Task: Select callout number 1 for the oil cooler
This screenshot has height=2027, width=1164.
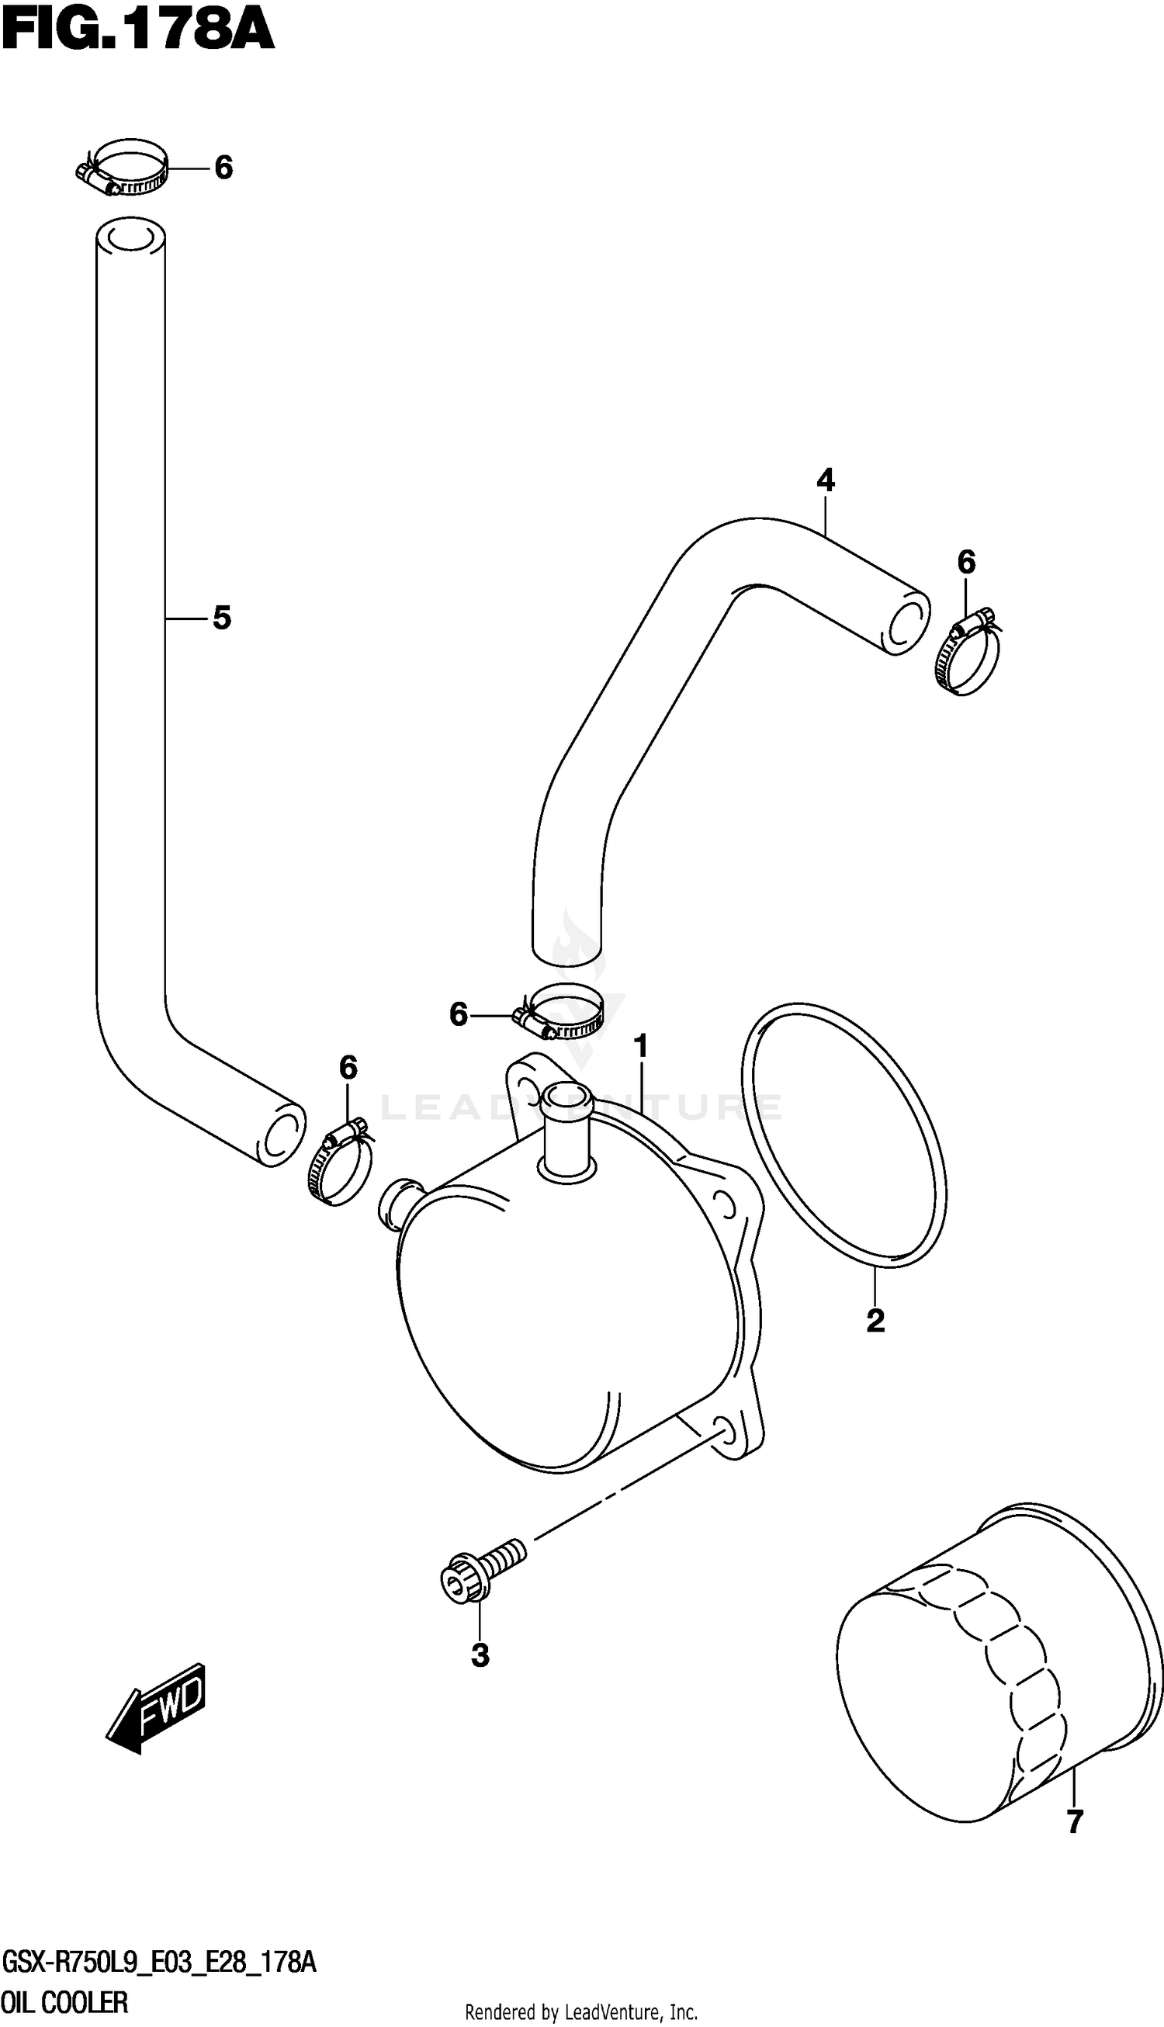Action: click(640, 1046)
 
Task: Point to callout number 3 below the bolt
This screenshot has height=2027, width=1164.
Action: click(480, 1655)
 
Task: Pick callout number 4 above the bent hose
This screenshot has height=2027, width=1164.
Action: click(826, 480)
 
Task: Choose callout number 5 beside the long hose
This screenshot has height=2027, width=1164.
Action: click(221, 618)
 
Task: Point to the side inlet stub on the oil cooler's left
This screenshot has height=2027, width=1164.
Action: click(400, 1202)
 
